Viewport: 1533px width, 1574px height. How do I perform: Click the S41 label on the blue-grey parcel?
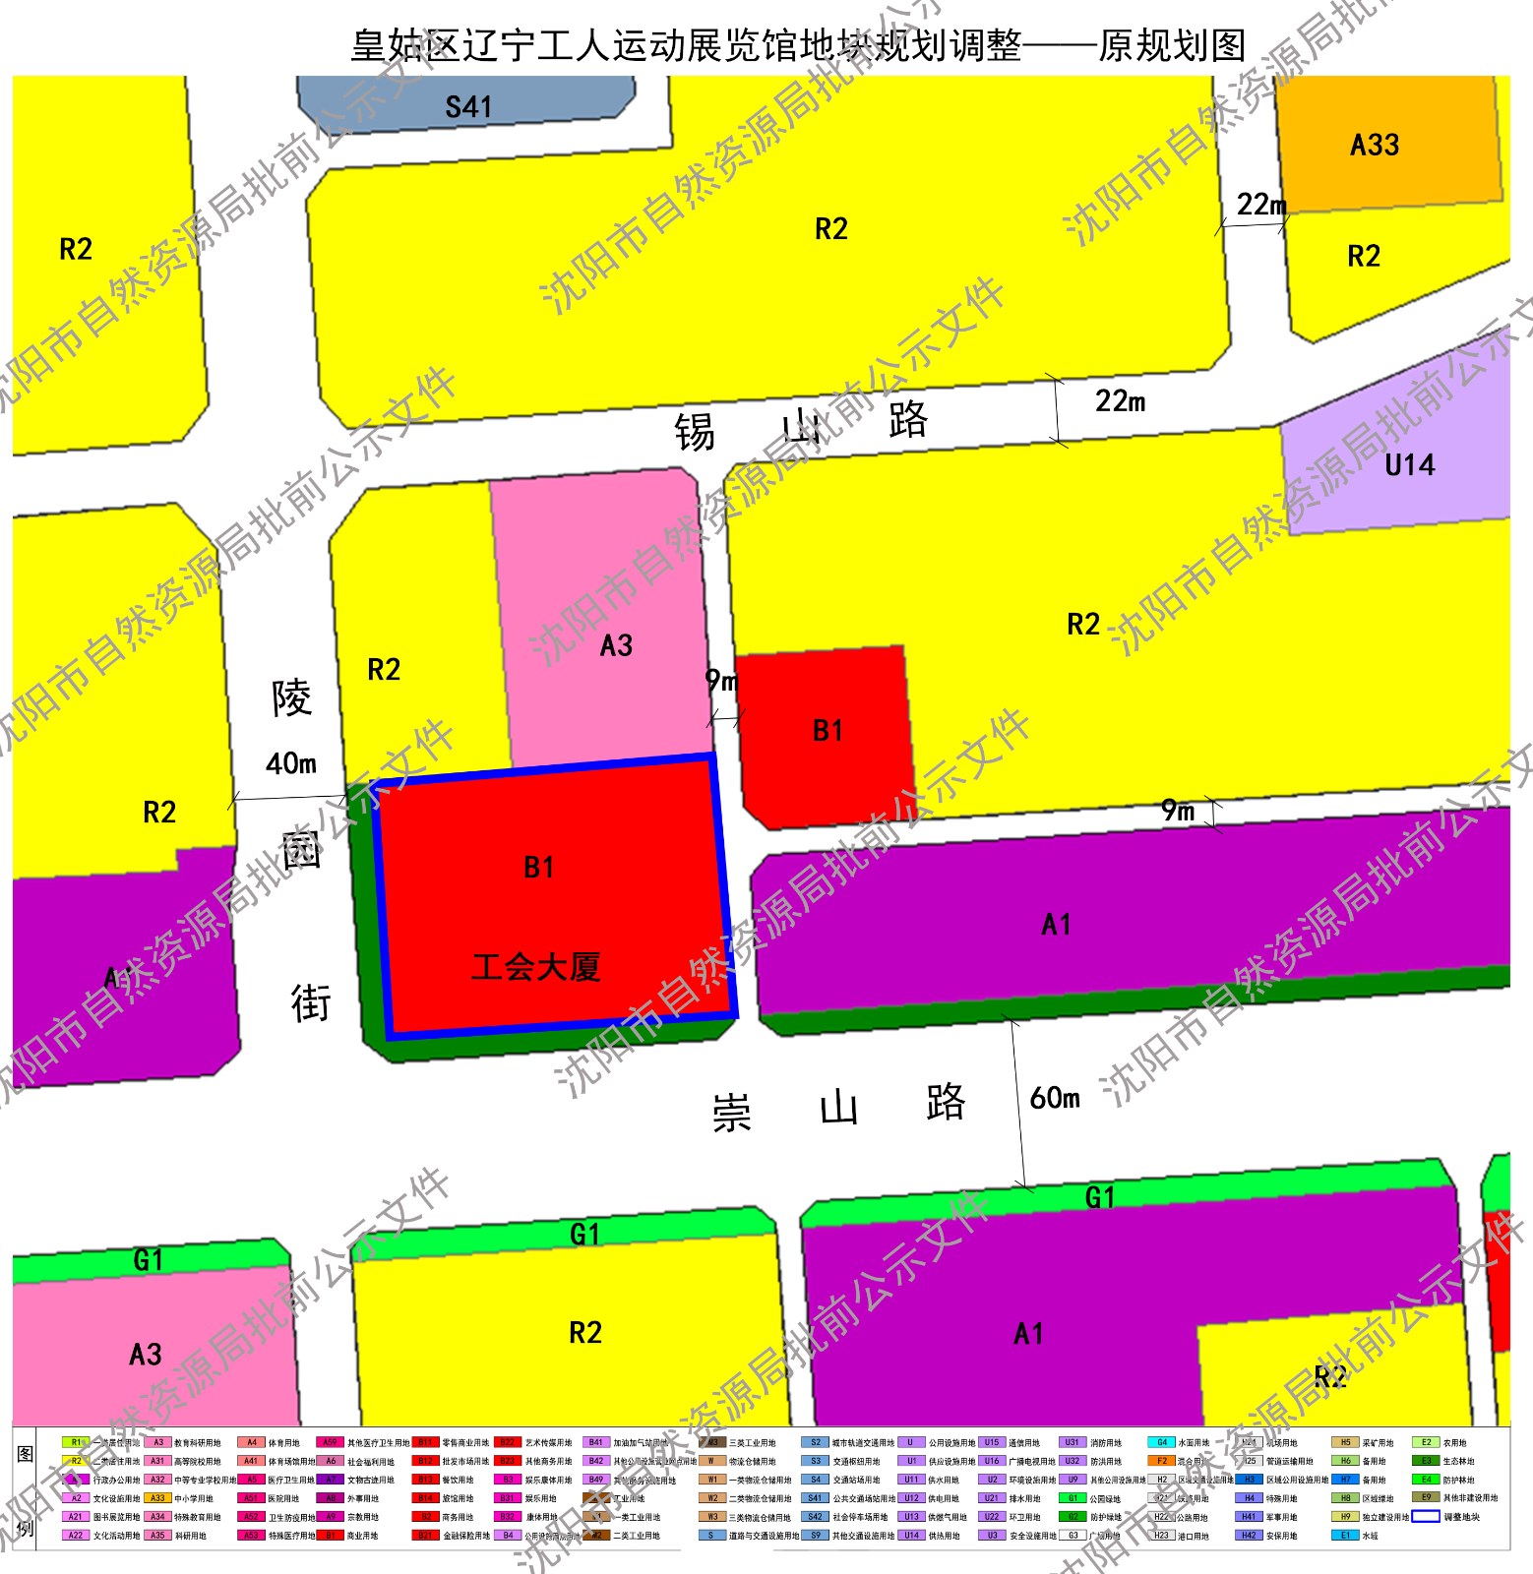(x=468, y=106)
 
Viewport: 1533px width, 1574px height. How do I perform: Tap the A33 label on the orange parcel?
(x=1375, y=146)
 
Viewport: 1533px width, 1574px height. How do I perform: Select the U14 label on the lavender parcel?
(x=1409, y=465)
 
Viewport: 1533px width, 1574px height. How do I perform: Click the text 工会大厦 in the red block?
(x=535, y=967)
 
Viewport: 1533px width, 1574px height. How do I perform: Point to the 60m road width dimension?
(x=1055, y=1098)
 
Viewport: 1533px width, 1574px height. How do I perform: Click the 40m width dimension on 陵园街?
(x=291, y=763)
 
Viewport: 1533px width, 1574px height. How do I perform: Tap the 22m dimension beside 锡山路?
(x=1120, y=401)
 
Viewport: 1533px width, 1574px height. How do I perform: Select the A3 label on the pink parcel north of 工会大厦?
(x=616, y=646)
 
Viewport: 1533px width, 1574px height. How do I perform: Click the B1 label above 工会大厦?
(x=538, y=868)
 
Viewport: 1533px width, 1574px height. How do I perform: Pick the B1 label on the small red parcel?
(x=828, y=731)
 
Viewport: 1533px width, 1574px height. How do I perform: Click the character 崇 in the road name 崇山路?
(x=731, y=1114)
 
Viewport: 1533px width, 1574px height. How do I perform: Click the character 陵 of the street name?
(x=292, y=698)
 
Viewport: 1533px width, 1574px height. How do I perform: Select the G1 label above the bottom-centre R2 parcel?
(x=584, y=1234)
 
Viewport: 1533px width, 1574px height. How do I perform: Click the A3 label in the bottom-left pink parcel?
(x=146, y=1355)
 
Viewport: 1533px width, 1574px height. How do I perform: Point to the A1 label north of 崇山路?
(x=1056, y=925)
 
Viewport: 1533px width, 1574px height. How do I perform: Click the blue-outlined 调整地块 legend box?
(x=1426, y=1516)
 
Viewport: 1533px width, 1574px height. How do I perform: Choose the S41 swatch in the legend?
(x=815, y=1498)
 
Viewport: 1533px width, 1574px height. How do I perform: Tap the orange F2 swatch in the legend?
(x=1162, y=1461)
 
